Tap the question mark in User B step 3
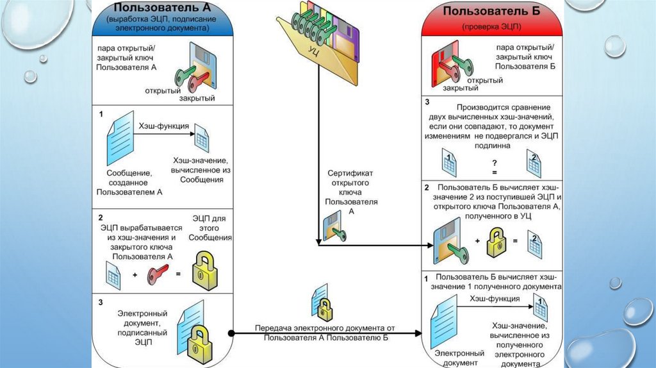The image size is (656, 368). click(x=494, y=163)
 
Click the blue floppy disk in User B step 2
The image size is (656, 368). click(x=449, y=242)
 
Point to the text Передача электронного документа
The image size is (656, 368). click(x=325, y=328)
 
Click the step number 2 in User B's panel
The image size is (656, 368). click(x=427, y=187)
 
